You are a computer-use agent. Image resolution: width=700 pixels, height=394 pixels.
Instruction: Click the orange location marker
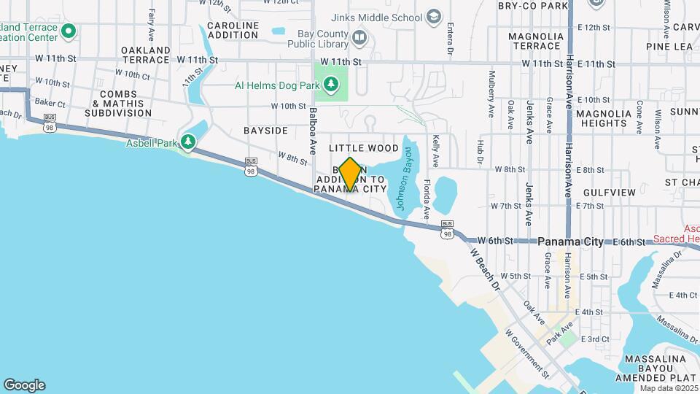[350, 174]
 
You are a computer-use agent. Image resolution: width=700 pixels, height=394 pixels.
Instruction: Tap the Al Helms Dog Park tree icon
[332, 85]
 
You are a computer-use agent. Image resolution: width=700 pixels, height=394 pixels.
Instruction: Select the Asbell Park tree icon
[189, 140]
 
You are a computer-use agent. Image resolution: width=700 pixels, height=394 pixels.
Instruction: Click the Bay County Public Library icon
[359, 37]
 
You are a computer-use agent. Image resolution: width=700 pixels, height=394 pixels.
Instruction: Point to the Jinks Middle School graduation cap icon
[433, 17]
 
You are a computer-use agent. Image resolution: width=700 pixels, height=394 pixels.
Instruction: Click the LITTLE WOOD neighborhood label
[368, 148]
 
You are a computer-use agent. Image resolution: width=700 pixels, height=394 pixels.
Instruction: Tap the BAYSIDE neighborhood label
[265, 131]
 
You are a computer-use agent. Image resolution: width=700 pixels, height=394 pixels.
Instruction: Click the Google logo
[24, 385]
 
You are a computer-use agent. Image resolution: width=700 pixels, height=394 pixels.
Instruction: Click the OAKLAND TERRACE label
[146, 55]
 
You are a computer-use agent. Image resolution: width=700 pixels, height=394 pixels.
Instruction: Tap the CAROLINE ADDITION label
[233, 30]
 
